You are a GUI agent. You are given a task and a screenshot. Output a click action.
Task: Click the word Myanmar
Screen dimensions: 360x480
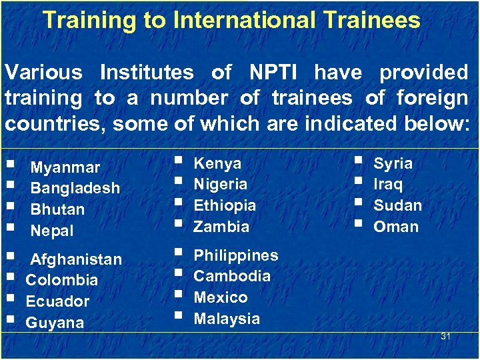pos(65,167)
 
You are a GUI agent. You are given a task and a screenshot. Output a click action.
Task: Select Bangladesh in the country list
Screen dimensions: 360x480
pos(75,189)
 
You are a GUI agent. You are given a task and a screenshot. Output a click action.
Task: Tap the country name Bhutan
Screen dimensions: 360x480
pos(58,210)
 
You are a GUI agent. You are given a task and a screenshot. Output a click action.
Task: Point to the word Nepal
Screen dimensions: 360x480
pos(52,231)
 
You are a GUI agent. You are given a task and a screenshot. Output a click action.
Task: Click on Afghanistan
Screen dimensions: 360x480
pos(76,259)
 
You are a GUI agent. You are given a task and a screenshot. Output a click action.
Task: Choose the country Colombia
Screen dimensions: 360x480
pos(61,280)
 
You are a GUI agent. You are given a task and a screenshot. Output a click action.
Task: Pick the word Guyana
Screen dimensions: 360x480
pos(55,323)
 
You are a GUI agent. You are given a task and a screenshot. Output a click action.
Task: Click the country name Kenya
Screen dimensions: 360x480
pos(217,163)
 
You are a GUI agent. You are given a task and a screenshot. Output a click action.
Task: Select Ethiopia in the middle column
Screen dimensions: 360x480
pos(225,205)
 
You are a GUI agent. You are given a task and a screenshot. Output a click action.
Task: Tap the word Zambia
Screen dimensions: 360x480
pos(221,227)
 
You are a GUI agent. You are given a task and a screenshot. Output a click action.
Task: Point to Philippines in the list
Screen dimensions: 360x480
pos(236,255)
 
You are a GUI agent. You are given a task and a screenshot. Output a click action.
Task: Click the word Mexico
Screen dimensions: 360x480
pos(221,297)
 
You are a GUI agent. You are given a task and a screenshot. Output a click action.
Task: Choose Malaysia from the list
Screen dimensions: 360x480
pos(227,319)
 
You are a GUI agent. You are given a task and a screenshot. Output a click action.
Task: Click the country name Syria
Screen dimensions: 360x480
pos(393,163)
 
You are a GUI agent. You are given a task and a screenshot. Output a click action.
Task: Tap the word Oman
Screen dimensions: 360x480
pos(396,227)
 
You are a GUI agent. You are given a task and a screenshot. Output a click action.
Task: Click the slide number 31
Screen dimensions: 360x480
pos(445,336)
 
